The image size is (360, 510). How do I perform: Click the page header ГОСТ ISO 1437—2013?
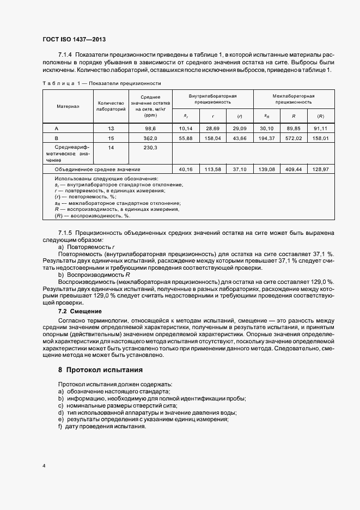click(x=74, y=40)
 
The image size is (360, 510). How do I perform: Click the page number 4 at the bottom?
click(x=45, y=466)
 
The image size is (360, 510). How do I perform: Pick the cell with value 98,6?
click(x=150, y=128)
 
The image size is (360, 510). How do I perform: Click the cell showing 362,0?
click(x=150, y=138)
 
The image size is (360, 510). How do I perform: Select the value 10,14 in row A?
click(x=186, y=128)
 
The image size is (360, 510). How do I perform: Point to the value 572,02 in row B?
click(x=294, y=138)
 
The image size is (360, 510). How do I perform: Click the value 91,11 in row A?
click(x=320, y=128)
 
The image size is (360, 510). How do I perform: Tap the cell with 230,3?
click(x=150, y=148)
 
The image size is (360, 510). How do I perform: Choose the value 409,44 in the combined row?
click(x=294, y=169)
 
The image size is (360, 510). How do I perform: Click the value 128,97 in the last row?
click(x=320, y=169)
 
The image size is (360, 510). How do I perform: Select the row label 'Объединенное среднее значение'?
click(x=97, y=169)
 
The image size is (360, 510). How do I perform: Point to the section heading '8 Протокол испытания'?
click(x=101, y=369)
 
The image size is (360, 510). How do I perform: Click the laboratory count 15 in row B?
click(x=111, y=138)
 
